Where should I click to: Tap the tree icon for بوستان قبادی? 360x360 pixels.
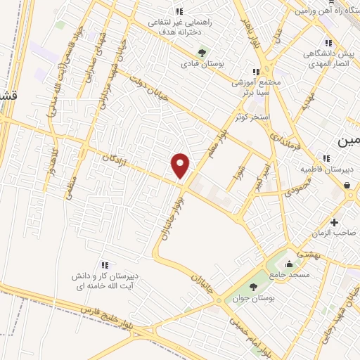202,52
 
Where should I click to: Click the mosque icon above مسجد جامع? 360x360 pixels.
292,265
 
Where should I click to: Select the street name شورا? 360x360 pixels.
237,172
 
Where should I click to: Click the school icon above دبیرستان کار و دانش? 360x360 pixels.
104,265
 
